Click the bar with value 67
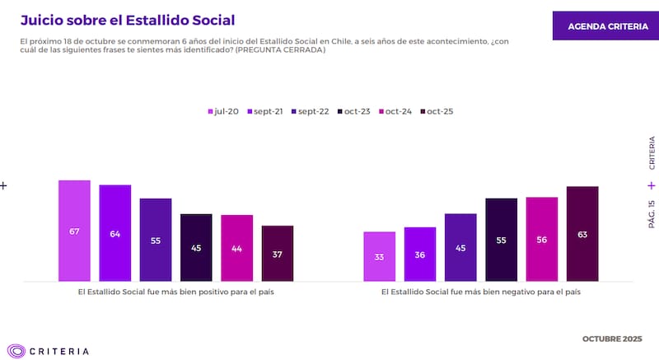(74, 230)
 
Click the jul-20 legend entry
(223, 111)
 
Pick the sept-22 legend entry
(307, 111)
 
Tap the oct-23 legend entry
(352, 111)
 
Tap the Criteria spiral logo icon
(16, 350)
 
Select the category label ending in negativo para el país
(480, 292)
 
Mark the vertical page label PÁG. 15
(652, 213)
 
